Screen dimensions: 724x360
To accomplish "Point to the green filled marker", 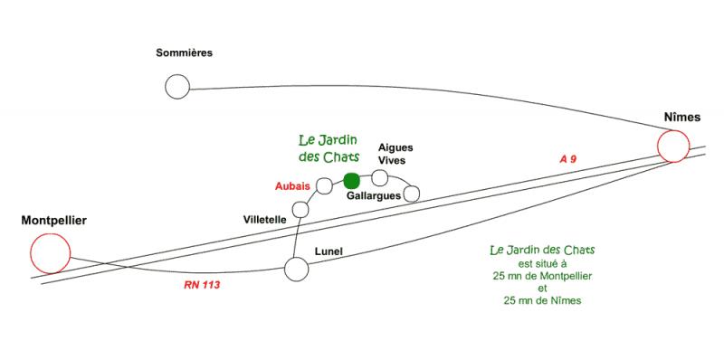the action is click(x=352, y=181).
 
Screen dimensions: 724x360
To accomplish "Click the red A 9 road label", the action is click(x=568, y=159).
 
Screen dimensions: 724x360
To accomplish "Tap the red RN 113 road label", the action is click(x=202, y=285).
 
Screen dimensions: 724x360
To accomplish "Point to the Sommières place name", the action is click(x=185, y=52).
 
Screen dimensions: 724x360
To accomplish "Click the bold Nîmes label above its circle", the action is click(x=682, y=118).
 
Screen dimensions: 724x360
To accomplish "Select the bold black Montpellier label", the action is click(x=54, y=221).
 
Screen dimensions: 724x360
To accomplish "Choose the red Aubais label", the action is click(x=292, y=186).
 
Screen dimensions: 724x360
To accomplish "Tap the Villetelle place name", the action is click(x=264, y=220).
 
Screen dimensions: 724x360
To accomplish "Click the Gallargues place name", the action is click(x=374, y=195).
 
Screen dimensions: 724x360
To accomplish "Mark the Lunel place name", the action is click(x=329, y=251).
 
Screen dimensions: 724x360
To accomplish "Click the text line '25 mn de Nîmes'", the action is click(x=542, y=301).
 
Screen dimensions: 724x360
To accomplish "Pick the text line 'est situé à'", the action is click(x=542, y=264).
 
